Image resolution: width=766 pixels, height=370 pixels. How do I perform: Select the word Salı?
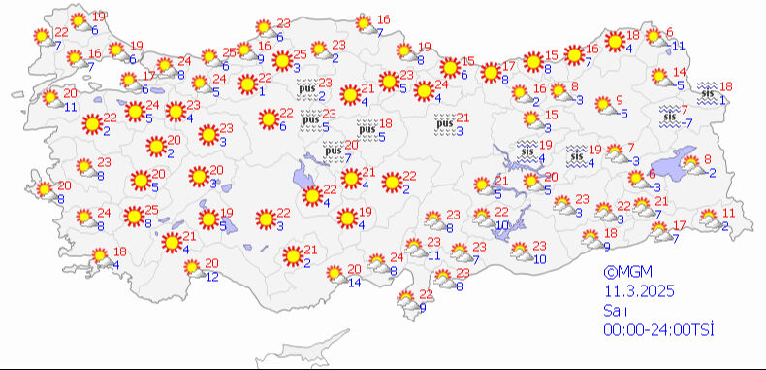[x=614, y=311]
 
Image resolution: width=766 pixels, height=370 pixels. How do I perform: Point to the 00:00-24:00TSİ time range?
[x=658, y=330]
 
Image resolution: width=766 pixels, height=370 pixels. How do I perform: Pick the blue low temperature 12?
[x=212, y=277]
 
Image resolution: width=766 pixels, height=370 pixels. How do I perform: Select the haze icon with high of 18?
[x=367, y=127]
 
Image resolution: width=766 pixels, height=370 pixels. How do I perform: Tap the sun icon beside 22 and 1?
[x=244, y=85]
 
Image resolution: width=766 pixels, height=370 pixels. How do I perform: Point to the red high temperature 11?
[x=730, y=212]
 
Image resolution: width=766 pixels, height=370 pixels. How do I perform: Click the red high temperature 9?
[x=620, y=100]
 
